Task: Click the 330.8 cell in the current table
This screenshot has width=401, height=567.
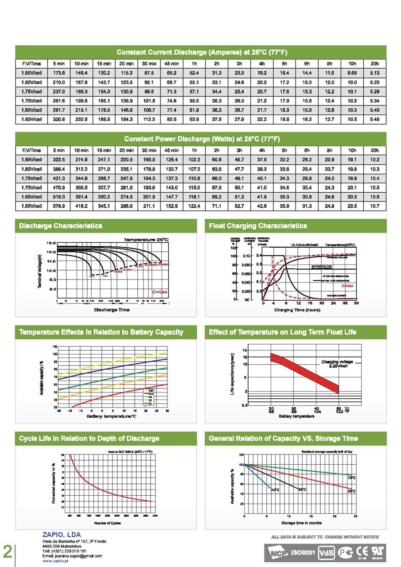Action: (x=59, y=119)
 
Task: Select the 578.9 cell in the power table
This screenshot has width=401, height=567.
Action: (x=59, y=206)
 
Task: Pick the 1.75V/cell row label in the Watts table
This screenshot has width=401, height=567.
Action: (x=31, y=178)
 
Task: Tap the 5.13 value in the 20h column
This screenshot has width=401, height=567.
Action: (x=374, y=73)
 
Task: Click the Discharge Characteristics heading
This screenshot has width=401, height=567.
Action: (x=61, y=226)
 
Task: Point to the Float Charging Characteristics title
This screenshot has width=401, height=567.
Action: (x=258, y=226)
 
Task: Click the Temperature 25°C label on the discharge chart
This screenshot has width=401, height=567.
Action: (x=146, y=239)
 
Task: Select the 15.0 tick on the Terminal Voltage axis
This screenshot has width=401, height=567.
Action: (x=51, y=243)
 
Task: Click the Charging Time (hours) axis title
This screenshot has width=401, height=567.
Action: (x=297, y=310)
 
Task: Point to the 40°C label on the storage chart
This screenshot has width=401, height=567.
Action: (x=275, y=489)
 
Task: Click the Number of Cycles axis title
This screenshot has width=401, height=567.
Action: (x=108, y=524)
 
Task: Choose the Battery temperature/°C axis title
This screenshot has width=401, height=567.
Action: (x=111, y=416)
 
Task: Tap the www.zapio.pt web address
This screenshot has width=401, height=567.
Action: (x=55, y=560)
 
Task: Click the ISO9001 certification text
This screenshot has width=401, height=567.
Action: (x=303, y=553)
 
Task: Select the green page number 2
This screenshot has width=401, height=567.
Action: (x=8, y=551)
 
